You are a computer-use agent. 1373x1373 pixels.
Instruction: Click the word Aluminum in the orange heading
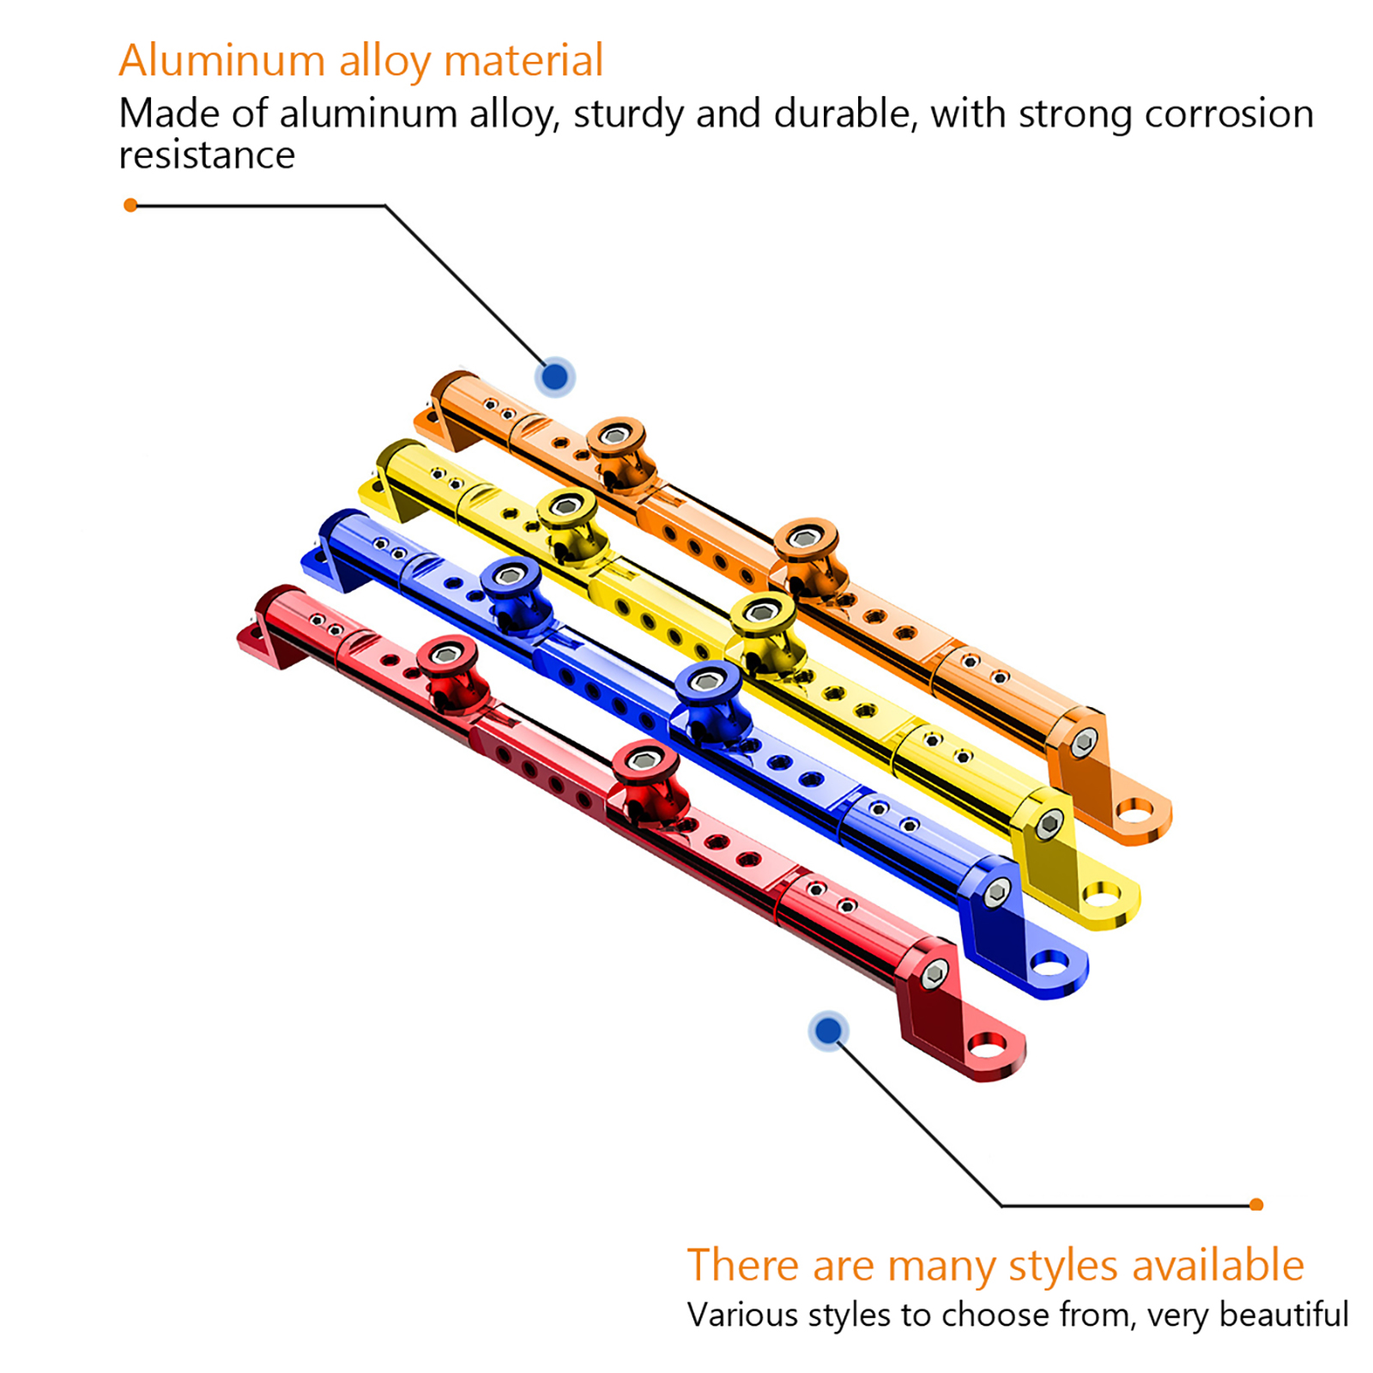(x=221, y=61)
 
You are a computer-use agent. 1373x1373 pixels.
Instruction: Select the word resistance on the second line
(x=207, y=155)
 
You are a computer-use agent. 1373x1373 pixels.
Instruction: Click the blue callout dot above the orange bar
(x=555, y=376)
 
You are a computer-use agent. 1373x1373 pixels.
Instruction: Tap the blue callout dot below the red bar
(x=828, y=1030)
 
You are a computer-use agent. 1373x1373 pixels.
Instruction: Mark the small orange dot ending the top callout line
(x=130, y=205)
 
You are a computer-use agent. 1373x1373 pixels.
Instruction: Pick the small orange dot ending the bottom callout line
(x=1256, y=1205)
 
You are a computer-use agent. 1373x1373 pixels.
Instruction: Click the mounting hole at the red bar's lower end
(x=986, y=1046)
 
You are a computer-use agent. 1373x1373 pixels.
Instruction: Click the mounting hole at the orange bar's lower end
(x=1134, y=811)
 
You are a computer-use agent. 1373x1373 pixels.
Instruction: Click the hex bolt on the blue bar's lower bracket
(x=995, y=892)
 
